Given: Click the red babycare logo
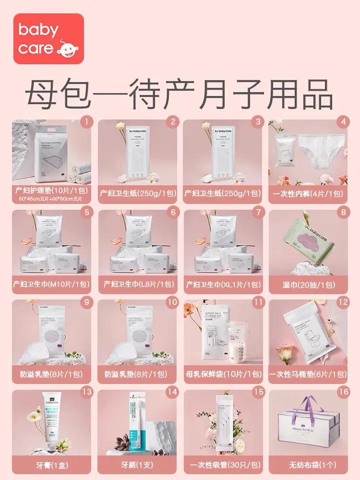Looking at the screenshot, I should (41, 38).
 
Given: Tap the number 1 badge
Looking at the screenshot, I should (86, 121).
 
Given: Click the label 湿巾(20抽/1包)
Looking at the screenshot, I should (308, 284).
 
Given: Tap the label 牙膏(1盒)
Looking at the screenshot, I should (51, 463).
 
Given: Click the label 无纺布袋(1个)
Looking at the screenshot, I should (308, 463).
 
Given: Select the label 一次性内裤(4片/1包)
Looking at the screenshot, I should (308, 193).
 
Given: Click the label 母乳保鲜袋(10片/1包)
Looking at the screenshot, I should (223, 374).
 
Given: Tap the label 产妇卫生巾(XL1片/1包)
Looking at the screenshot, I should (223, 284).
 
